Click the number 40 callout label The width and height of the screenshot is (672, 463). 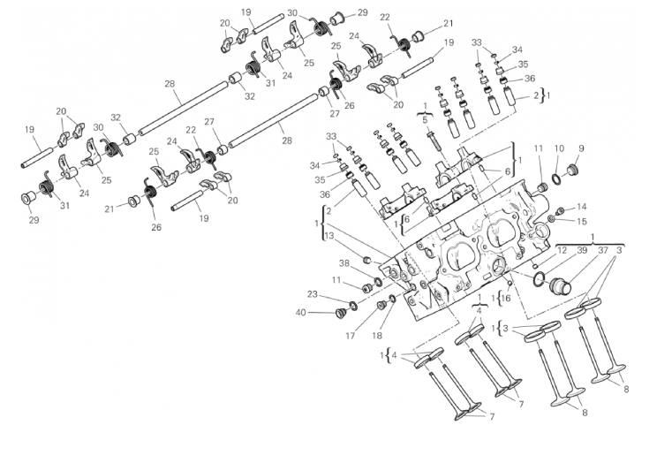tap(300, 312)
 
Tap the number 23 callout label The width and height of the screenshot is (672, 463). tap(312, 294)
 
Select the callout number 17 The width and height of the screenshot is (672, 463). tap(350, 335)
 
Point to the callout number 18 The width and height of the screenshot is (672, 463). tap(378, 335)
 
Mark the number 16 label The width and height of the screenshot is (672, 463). tap(505, 298)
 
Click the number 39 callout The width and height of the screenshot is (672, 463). tap(582, 250)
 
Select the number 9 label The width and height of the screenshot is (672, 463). tap(582, 148)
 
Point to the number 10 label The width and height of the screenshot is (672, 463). tap(560, 148)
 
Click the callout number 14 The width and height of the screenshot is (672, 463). tap(582, 207)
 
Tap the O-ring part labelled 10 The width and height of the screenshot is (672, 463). tap(554, 181)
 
